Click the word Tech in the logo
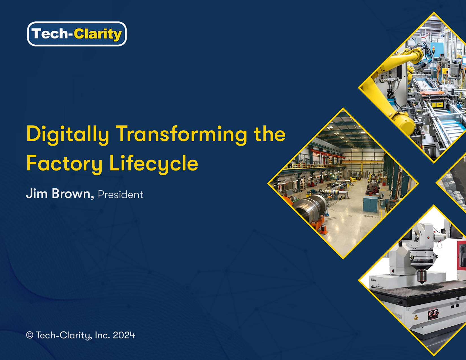pyautogui.click(x=50, y=34)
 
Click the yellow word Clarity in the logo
pyautogui.click(x=98, y=34)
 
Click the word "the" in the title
pyautogui.click(x=269, y=134)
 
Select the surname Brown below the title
pyautogui.click(x=73, y=194)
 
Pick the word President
pyautogui.click(x=121, y=195)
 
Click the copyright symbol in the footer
pyautogui.click(x=30, y=335)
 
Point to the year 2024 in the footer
pyautogui.click(x=124, y=335)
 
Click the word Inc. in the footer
pyautogui.click(x=103, y=335)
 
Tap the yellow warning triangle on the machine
pyautogui.click(x=416, y=317)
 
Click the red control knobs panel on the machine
pyautogui.click(x=433, y=314)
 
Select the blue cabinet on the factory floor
pyautogui.click(x=370, y=203)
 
